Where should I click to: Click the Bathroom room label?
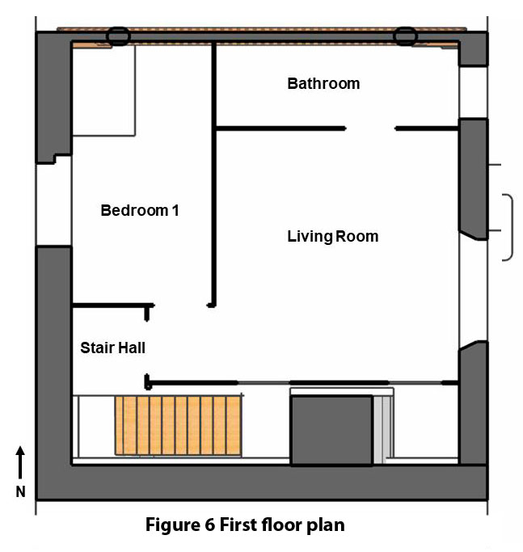click(323, 83)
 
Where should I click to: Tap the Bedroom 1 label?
click(139, 210)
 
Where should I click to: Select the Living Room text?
click(332, 236)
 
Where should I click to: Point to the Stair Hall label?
click(112, 348)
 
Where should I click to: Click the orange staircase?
click(178, 425)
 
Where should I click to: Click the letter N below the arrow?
click(21, 491)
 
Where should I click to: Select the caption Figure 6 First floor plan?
click(245, 525)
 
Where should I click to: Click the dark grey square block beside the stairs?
click(331, 430)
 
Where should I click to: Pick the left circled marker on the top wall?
click(118, 36)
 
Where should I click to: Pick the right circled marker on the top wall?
click(404, 36)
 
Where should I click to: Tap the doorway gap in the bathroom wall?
click(370, 128)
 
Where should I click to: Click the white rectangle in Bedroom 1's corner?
click(103, 91)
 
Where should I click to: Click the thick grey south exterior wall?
click(259, 482)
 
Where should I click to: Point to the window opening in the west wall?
click(54, 204)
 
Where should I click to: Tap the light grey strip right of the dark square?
click(378, 428)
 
